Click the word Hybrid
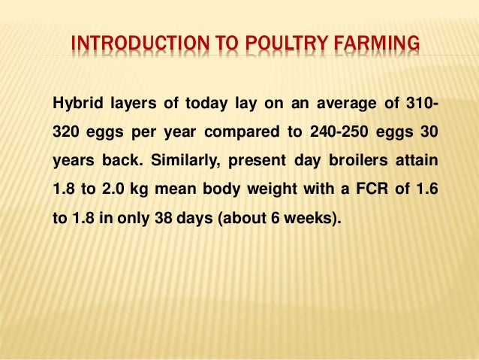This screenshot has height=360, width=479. tap(74, 103)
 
